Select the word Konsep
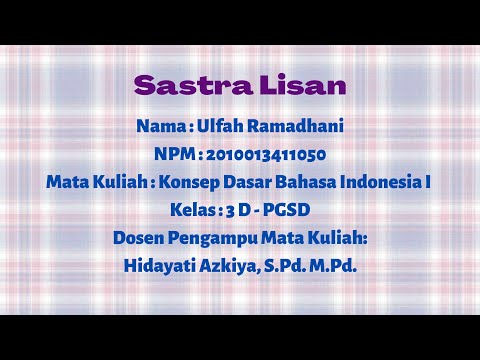click(x=185, y=183)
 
